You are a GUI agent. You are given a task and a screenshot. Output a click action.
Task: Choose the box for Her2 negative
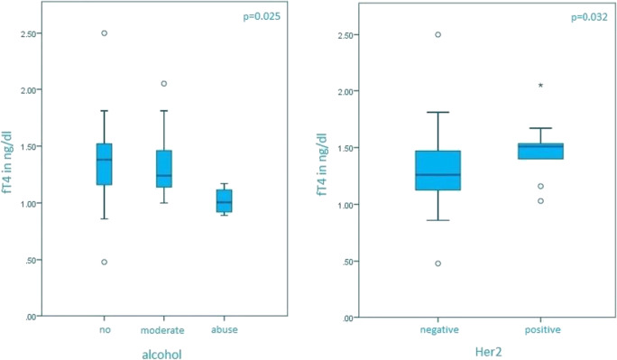(438, 171)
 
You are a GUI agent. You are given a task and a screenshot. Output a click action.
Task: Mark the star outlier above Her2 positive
(540, 87)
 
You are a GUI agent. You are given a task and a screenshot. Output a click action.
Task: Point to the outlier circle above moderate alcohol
(164, 83)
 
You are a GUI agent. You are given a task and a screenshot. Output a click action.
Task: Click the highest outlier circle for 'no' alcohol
(105, 32)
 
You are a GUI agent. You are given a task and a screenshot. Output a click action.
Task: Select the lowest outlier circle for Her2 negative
(438, 263)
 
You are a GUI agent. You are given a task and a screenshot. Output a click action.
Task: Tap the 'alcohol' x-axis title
(163, 355)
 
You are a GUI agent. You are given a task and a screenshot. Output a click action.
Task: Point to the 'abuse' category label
(225, 330)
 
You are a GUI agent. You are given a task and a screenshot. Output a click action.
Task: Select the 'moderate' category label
(164, 330)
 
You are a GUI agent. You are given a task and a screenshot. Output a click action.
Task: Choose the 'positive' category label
(541, 330)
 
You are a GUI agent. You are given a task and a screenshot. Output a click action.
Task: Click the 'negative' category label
(438, 330)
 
